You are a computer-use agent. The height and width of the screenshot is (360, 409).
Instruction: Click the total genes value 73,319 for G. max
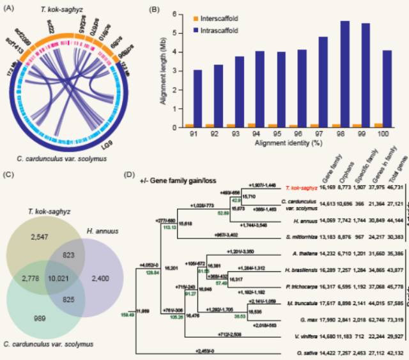click(x=395, y=318)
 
